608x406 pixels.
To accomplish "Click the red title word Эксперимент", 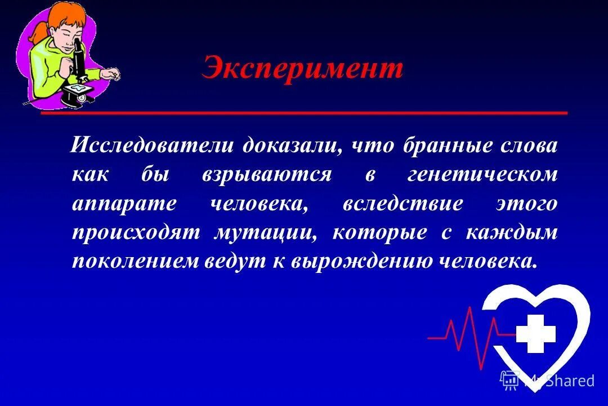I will (x=302, y=69).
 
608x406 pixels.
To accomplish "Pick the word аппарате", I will (x=124, y=204).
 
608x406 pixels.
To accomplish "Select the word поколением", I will (x=135, y=261).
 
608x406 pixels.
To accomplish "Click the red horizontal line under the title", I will (x=304, y=113).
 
